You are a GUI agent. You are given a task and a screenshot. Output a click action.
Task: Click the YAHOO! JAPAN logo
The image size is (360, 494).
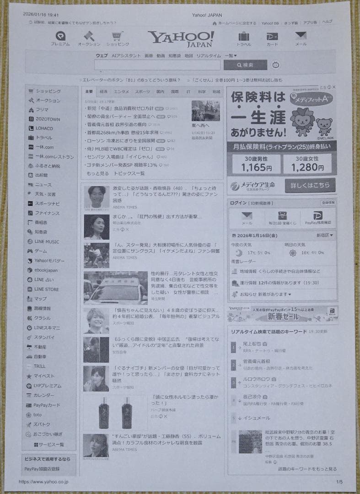click(181, 38)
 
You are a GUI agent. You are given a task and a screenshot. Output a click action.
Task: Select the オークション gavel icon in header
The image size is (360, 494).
click(89, 36)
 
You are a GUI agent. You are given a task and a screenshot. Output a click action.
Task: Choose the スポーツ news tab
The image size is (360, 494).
click(142, 92)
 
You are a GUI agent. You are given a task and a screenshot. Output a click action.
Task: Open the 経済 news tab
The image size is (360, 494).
click(104, 92)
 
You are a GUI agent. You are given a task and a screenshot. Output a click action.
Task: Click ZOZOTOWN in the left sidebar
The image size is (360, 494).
click(48, 119)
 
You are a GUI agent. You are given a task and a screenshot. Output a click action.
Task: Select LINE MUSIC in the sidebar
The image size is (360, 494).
click(47, 242)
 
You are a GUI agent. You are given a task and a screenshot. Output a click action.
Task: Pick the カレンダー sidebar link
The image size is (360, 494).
click(44, 395)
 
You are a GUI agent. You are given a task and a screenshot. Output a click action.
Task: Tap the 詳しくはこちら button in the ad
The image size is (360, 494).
click(310, 185)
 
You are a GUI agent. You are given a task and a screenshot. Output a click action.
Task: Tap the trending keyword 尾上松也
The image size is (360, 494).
click(252, 344)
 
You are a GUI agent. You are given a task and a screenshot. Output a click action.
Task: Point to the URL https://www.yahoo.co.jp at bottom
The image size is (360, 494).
click(43, 482)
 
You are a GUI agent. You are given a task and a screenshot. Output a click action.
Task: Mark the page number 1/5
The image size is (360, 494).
click(339, 482)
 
